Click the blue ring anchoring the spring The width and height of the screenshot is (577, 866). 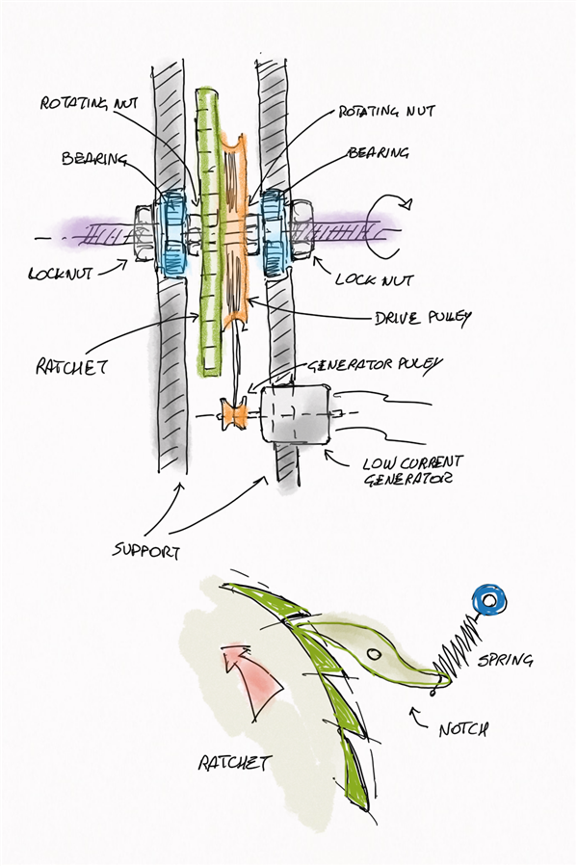(489, 600)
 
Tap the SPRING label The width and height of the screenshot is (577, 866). (505, 660)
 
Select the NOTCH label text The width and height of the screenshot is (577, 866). (463, 729)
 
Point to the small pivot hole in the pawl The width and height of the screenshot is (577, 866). (374, 654)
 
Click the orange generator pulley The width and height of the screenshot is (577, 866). (234, 413)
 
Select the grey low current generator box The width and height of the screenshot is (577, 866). (297, 414)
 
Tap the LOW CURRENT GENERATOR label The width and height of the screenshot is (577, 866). (411, 470)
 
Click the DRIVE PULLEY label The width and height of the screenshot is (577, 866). (423, 319)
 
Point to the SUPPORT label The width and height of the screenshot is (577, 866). (146, 550)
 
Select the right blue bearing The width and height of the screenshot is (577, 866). (274, 232)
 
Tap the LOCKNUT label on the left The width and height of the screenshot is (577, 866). (60, 273)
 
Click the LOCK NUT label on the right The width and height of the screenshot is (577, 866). (375, 279)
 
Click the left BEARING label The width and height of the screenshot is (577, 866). (93, 159)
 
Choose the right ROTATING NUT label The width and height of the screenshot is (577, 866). (386, 111)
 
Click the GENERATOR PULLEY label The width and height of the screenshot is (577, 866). (375, 365)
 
